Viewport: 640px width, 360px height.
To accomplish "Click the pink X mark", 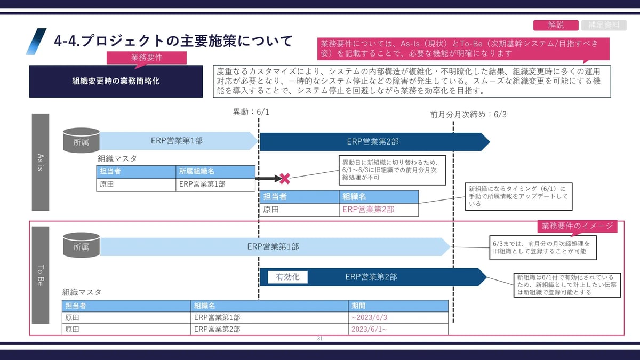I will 285,178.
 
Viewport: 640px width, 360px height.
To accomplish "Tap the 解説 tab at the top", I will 556,25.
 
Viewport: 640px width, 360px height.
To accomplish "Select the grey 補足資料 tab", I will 604,25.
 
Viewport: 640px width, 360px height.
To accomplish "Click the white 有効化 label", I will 287,277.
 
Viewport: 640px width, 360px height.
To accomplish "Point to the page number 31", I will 320,339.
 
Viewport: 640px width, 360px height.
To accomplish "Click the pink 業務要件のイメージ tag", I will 577,226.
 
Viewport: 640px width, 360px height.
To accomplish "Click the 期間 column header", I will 358,306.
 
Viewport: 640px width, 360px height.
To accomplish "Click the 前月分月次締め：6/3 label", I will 468,115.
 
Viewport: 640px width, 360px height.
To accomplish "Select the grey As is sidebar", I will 41,162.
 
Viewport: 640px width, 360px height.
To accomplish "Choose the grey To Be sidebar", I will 41,275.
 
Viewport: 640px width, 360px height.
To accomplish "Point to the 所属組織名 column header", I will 197,172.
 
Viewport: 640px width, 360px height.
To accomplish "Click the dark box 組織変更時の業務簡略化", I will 116,82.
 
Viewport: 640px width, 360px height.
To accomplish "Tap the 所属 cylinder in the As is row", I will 81,140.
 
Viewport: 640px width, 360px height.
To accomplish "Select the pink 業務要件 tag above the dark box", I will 147,58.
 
